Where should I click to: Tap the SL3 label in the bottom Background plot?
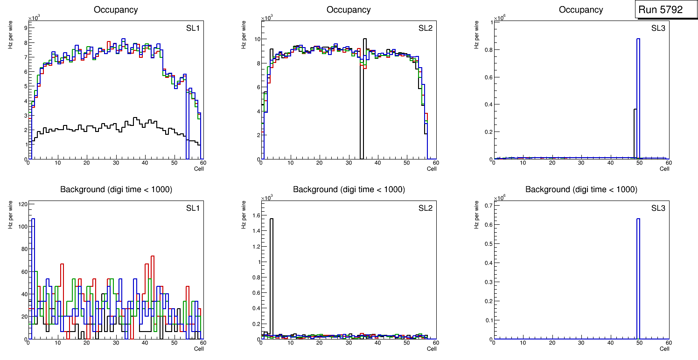click(658, 208)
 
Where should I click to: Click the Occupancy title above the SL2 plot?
click(349, 10)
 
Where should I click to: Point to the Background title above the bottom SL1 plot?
click(116, 189)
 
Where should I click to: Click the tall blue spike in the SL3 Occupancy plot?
click(638, 93)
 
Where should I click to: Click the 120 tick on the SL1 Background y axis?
click(21, 204)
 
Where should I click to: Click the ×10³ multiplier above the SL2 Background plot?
click(266, 198)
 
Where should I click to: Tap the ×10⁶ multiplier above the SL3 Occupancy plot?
click(499, 18)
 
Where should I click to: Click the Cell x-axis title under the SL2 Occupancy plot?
click(432, 169)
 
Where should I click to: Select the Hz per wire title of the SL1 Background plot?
click(10, 215)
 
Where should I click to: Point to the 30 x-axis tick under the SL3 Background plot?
click(581, 343)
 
